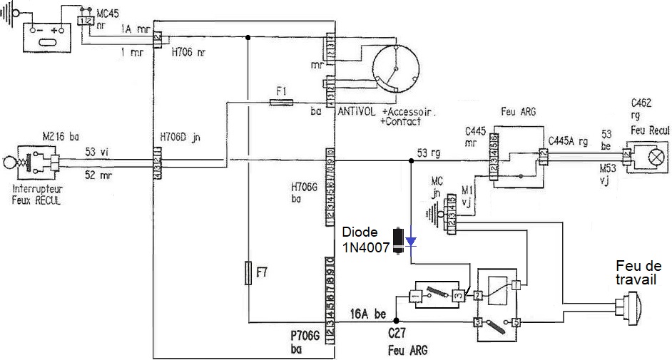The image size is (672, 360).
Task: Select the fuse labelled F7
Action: (248, 273)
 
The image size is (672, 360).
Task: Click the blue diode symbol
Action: (411, 242)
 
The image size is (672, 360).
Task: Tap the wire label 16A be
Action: (368, 313)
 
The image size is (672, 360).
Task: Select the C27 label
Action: (397, 332)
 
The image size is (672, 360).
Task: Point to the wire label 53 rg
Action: (429, 151)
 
